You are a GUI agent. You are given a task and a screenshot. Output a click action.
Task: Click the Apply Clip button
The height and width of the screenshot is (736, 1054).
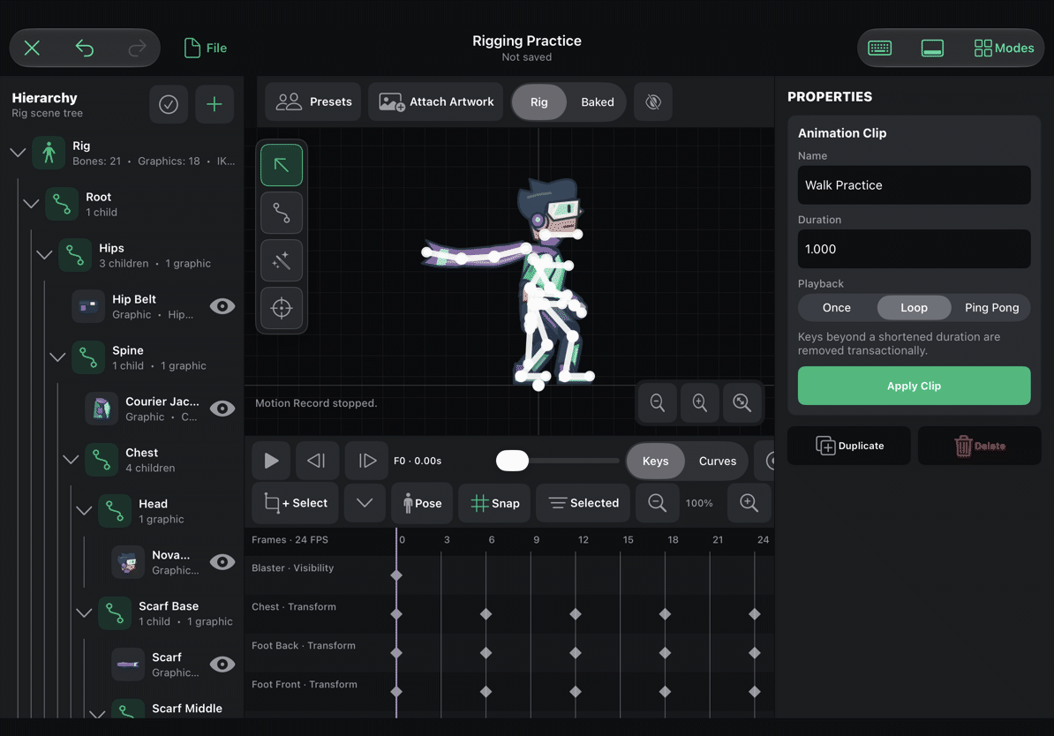(x=914, y=386)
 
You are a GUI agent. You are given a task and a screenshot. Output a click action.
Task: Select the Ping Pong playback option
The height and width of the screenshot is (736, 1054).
(x=991, y=308)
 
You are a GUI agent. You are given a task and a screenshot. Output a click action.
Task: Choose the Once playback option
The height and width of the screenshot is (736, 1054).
(x=836, y=308)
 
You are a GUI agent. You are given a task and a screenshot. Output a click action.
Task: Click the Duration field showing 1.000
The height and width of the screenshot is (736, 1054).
(x=914, y=249)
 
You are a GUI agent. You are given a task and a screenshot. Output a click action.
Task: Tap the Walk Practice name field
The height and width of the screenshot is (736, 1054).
(x=914, y=184)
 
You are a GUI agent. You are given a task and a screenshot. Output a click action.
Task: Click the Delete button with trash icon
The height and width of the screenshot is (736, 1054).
(x=979, y=446)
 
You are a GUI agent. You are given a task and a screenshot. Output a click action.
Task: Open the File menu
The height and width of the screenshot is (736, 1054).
(x=206, y=48)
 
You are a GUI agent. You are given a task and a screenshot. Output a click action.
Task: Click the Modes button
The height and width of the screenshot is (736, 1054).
(x=1004, y=48)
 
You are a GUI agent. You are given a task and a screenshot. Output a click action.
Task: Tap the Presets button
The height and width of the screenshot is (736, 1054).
(x=313, y=101)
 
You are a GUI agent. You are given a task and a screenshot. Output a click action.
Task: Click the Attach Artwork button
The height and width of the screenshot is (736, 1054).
(x=435, y=101)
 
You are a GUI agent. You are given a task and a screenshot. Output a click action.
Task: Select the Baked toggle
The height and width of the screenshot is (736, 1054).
(x=597, y=102)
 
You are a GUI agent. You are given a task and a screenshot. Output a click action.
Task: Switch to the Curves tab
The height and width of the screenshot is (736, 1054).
(x=717, y=461)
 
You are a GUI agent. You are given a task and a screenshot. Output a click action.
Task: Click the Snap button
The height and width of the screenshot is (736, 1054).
(x=494, y=503)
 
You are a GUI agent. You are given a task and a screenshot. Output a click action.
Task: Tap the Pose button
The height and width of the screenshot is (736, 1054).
(x=421, y=503)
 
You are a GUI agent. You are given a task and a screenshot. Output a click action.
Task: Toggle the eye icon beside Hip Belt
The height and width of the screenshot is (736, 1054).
(x=222, y=306)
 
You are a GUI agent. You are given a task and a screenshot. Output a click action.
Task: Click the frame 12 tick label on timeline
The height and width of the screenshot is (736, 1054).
(x=583, y=540)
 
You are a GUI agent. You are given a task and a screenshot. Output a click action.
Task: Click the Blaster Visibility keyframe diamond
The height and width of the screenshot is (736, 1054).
(x=396, y=575)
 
